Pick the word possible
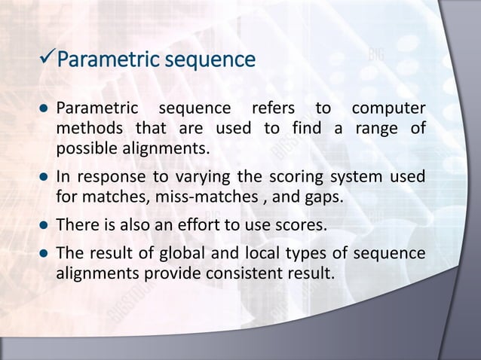pyautogui.click(x=87, y=145)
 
